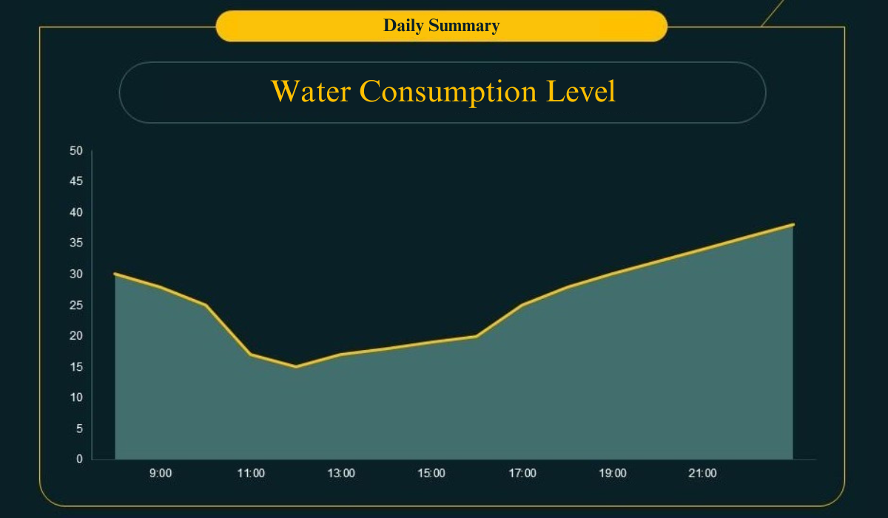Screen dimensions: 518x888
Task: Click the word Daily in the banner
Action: click(x=403, y=26)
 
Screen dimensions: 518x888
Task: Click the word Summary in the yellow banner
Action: click(x=464, y=26)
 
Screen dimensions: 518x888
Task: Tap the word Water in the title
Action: click(x=311, y=92)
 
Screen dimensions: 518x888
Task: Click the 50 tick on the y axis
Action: click(x=76, y=151)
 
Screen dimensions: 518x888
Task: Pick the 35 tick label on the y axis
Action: click(x=76, y=243)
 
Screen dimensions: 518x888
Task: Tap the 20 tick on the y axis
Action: click(x=76, y=336)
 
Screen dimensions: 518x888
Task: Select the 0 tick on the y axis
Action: click(x=79, y=460)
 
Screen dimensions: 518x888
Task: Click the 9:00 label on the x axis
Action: click(x=161, y=474)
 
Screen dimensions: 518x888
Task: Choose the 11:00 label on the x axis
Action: click(x=251, y=474)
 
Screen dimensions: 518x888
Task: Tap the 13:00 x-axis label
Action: click(x=341, y=474)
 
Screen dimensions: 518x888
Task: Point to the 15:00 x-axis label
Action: click(x=431, y=474)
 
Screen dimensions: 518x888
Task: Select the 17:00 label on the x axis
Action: click(x=522, y=474)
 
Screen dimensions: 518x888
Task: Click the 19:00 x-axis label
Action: click(x=613, y=474)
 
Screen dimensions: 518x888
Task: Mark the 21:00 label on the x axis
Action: click(x=703, y=474)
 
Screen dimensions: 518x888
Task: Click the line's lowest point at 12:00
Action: click(x=296, y=366)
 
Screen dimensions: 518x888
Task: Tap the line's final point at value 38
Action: click(x=793, y=224)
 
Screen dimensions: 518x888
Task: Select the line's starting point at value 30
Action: click(x=115, y=274)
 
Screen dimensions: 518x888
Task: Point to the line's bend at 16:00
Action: click(x=477, y=336)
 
